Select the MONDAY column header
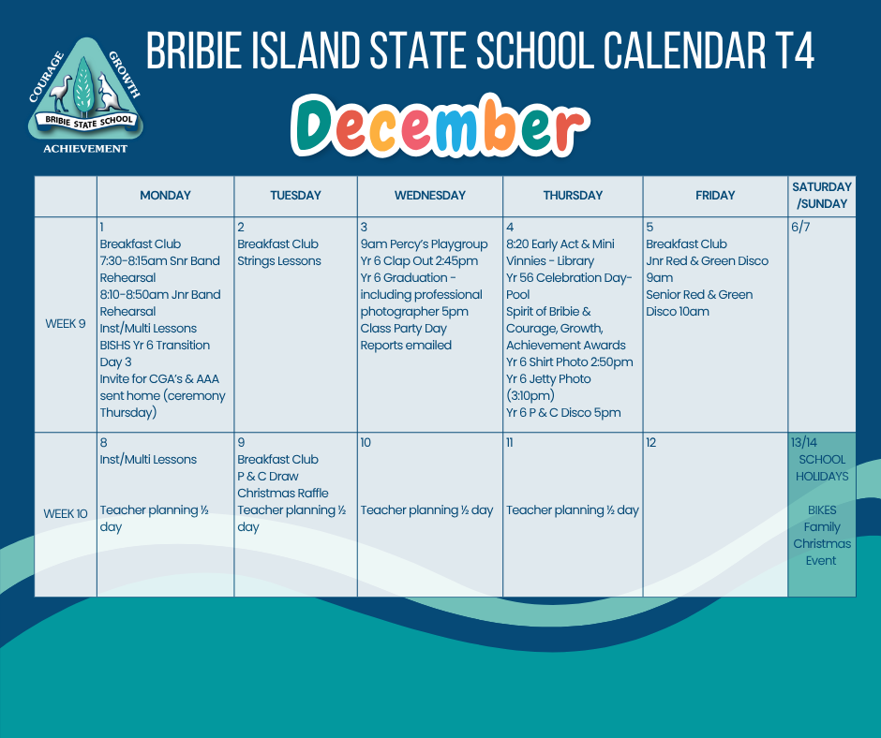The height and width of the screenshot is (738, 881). pyautogui.click(x=165, y=196)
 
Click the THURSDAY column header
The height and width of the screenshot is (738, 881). pyautogui.click(x=573, y=196)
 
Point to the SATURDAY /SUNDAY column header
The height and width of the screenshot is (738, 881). pyautogui.click(x=822, y=195)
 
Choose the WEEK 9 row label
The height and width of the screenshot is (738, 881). pyautogui.click(x=66, y=324)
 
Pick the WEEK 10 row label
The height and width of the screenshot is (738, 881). pyautogui.click(x=66, y=514)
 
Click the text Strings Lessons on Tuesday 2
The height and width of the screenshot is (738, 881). pyautogui.click(x=278, y=261)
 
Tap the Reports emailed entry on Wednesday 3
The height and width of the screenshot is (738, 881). pyautogui.click(x=406, y=346)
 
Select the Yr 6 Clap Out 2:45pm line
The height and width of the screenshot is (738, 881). pyautogui.click(x=419, y=261)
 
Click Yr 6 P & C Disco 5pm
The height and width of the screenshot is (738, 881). pyautogui.click(x=563, y=413)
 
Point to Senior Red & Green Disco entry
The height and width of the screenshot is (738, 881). pyautogui.click(x=699, y=303)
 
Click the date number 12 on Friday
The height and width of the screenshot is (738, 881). pyautogui.click(x=650, y=443)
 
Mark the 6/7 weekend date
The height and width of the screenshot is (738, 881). pyautogui.click(x=800, y=228)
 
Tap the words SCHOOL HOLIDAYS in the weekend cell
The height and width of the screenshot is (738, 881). pyautogui.click(x=822, y=468)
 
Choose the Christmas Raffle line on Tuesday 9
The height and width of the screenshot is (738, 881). pyautogui.click(x=283, y=494)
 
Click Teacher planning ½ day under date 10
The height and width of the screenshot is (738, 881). pyautogui.click(x=426, y=510)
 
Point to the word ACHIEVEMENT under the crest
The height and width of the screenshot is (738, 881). pyautogui.click(x=85, y=149)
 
